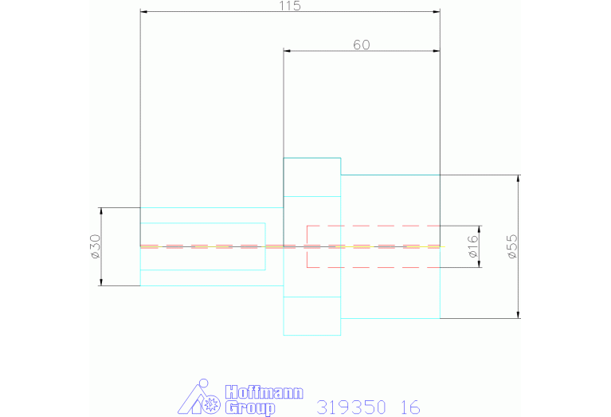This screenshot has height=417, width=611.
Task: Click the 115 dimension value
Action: click(x=290, y=6)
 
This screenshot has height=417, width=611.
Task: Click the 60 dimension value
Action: click(x=362, y=45)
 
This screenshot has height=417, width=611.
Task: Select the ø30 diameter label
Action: click(x=96, y=246)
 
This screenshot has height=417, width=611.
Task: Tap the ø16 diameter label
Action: click(x=472, y=246)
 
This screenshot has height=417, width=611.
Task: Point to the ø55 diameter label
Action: click(x=512, y=246)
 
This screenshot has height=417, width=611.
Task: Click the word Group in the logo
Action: click(x=249, y=407)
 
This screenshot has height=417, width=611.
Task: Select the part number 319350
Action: click(x=351, y=407)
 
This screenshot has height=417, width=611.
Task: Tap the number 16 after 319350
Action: click(x=410, y=407)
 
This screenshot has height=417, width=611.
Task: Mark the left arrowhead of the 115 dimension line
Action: click(x=143, y=12)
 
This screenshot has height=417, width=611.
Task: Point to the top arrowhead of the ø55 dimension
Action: click(x=519, y=178)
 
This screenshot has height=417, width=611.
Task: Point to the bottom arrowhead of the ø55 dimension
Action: click(x=519, y=315)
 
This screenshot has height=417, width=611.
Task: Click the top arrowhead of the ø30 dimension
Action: click(x=102, y=210)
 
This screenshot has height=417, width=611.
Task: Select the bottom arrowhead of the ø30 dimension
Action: click(x=102, y=282)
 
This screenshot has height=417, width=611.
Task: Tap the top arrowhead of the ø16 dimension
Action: click(x=479, y=229)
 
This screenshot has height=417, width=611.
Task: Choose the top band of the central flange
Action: click(x=312, y=177)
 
